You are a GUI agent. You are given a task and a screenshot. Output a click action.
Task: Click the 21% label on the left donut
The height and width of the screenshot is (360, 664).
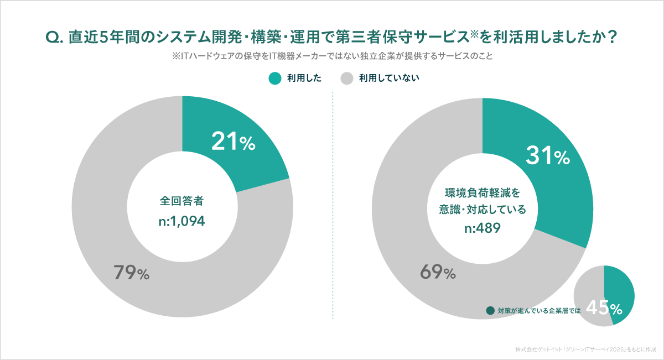click(233, 142)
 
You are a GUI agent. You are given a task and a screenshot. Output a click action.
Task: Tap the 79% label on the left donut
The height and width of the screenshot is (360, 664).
click(131, 273)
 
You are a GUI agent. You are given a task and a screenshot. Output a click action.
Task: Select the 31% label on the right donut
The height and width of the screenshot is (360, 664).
click(547, 156)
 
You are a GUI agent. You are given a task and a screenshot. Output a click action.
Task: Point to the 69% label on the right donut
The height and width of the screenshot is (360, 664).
click(437, 272)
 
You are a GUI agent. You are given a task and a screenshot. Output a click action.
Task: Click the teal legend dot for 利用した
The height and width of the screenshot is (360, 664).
click(275, 78)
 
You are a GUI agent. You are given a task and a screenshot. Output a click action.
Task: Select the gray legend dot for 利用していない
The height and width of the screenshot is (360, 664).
click(346, 78)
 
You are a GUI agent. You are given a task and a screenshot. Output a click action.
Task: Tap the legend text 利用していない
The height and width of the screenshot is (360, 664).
click(389, 78)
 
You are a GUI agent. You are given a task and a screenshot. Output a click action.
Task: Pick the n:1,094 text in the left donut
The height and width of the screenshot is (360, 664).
click(182, 221)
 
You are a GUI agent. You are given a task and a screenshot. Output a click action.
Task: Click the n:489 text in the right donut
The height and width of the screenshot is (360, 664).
click(483, 228)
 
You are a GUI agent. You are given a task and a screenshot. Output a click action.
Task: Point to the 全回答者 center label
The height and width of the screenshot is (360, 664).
click(182, 200)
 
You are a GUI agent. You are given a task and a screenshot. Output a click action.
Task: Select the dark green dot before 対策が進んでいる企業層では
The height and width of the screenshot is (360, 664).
click(490, 311)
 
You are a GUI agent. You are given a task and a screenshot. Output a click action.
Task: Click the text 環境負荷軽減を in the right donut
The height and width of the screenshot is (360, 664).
click(483, 194)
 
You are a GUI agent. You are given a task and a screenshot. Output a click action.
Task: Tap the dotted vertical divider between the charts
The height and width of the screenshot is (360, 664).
click(333, 205)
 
